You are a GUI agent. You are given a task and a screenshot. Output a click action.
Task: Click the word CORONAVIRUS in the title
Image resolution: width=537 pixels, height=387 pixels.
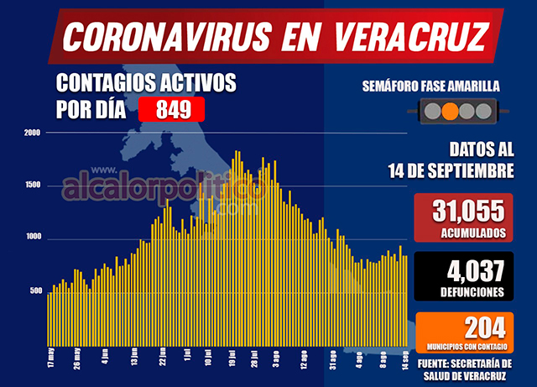coord(167,36)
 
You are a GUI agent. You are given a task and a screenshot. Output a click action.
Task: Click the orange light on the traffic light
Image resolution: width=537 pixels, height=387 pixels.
coord(449,111)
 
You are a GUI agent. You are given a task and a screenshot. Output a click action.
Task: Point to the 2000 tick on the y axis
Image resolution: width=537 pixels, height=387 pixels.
coord(33,133)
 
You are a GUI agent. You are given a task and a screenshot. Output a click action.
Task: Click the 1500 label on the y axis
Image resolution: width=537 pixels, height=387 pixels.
coord(33,186)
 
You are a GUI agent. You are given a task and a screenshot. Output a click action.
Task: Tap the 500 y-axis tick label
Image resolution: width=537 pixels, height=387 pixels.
coord(34,291)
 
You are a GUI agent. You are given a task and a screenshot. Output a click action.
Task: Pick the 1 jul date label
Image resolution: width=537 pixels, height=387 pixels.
coord(186,358)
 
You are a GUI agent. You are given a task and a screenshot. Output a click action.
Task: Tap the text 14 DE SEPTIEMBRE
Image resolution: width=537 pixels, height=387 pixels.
coord(451,171)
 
